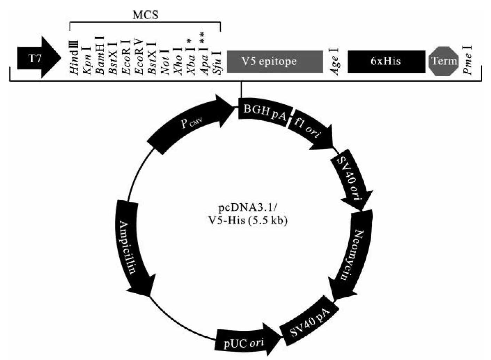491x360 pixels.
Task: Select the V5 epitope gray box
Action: coord(275,62)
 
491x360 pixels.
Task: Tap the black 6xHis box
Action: coord(386,62)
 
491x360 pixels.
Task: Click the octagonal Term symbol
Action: coord(444,61)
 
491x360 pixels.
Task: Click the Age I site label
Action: coord(335,61)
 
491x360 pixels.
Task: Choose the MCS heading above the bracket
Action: coord(145,15)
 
